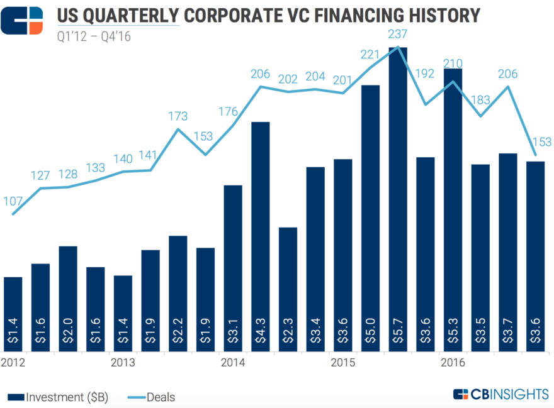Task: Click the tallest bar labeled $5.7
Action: [398, 201]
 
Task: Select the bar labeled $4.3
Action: [260, 239]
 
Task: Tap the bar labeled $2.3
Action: [288, 289]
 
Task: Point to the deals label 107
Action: [13, 202]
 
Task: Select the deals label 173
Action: [178, 116]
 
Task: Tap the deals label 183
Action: [480, 100]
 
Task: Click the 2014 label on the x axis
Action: [233, 363]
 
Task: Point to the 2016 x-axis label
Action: [453, 363]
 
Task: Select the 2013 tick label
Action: [123, 363]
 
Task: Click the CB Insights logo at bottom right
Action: [500, 395]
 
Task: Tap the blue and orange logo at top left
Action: [22, 21]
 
